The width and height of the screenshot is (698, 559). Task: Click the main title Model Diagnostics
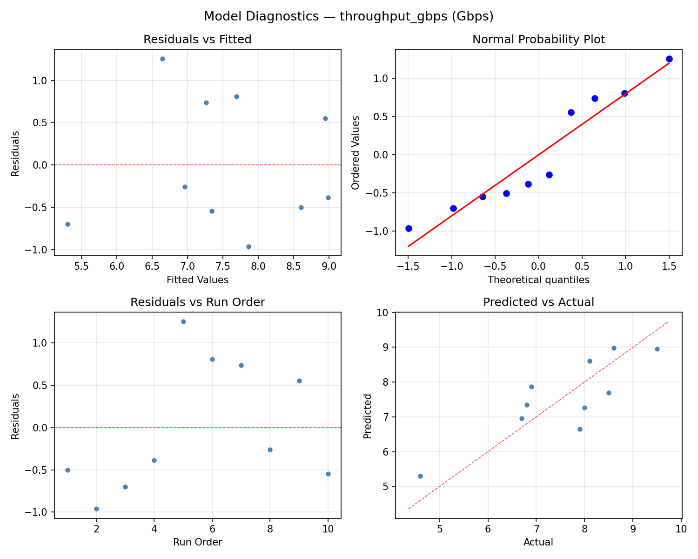(x=349, y=16)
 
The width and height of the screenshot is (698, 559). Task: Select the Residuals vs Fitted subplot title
(x=197, y=40)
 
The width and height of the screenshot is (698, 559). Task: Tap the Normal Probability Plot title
(x=538, y=40)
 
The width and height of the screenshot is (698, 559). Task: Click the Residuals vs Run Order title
(x=197, y=302)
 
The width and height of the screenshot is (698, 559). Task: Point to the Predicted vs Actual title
(x=538, y=302)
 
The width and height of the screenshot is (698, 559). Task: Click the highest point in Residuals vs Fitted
(x=162, y=59)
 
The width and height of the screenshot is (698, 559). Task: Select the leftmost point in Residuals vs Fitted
(x=67, y=224)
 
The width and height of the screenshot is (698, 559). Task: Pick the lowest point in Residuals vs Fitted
(x=248, y=246)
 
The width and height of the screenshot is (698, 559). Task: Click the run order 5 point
(x=183, y=321)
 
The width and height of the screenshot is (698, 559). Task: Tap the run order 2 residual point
(x=96, y=509)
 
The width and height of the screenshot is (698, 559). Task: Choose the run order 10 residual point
(x=328, y=474)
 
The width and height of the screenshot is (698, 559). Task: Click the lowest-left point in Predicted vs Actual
(x=420, y=476)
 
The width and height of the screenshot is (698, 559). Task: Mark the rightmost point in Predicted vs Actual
(x=657, y=349)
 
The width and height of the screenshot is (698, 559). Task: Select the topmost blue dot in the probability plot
(x=669, y=59)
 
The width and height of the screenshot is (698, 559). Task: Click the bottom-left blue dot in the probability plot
(x=409, y=228)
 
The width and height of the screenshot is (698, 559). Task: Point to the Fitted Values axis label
(x=197, y=280)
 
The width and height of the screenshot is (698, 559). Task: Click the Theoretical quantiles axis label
(x=538, y=280)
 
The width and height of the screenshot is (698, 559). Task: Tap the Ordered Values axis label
(x=356, y=152)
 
